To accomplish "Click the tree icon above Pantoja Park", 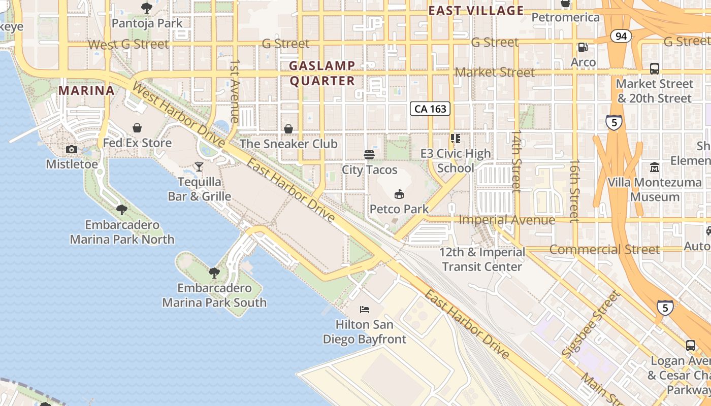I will pyautogui.click(x=147, y=8).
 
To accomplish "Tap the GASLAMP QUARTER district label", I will pyautogui.click(x=322, y=73).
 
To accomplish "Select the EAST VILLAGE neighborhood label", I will pyautogui.click(x=476, y=11).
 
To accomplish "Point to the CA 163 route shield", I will pyautogui.click(x=430, y=109).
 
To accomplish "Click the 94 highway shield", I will pyautogui.click(x=621, y=36).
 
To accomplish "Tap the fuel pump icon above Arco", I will pyautogui.click(x=583, y=47).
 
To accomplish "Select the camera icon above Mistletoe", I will pyautogui.click(x=72, y=149).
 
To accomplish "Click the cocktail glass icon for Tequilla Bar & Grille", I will pyautogui.click(x=199, y=166).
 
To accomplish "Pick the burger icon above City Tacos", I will pyautogui.click(x=369, y=154).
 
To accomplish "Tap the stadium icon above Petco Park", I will pyautogui.click(x=399, y=194).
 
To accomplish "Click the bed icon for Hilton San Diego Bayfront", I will pyautogui.click(x=365, y=309).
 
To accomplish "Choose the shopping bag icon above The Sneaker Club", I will pyautogui.click(x=288, y=129).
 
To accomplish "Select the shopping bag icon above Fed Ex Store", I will pyautogui.click(x=137, y=128).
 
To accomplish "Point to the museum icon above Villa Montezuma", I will pyautogui.click(x=654, y=167).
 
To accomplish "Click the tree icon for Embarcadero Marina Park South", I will pyautogui.click(x=214, y=273).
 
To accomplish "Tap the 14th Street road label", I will pyautogui.click(x=516, y=161).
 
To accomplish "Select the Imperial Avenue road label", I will pyautogui.click(x=506, y=220).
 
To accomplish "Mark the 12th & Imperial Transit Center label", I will pyautogui.click(x=482, y=259).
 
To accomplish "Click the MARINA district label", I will pyautogui.click(x=86, y=90).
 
